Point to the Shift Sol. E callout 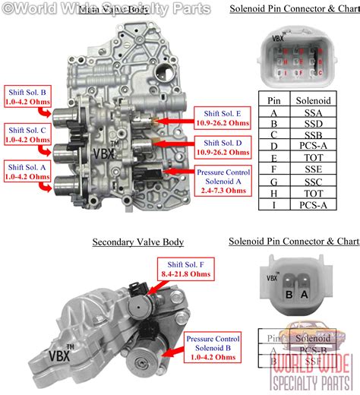click(223, 118)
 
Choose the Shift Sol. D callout click(223, 146)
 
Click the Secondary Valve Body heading click(138, 242)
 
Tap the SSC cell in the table click(313, 183)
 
